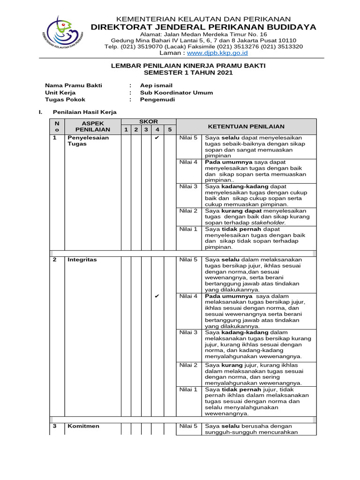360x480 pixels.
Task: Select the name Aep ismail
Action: [x=156, y=85]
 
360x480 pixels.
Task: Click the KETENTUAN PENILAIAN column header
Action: [x=246, y=127]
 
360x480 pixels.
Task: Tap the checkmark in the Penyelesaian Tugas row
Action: [x=157, y=138]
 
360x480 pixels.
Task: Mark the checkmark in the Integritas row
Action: [x=157, y=296]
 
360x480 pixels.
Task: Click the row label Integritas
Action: [x=82, y=260]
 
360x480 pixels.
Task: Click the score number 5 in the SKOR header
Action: [x=170, y=129]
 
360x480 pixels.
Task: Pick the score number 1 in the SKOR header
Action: [x=125, y=129]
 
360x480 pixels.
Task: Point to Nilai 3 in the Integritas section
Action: [x=188, y=332]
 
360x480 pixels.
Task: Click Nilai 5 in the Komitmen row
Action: [x=188, y=426]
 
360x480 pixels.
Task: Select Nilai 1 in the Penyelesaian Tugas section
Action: [x=188, y=229]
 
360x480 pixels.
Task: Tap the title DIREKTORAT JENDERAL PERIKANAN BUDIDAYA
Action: [x=203, y=27]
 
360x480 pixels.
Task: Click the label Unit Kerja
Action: [x=60, y=92]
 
